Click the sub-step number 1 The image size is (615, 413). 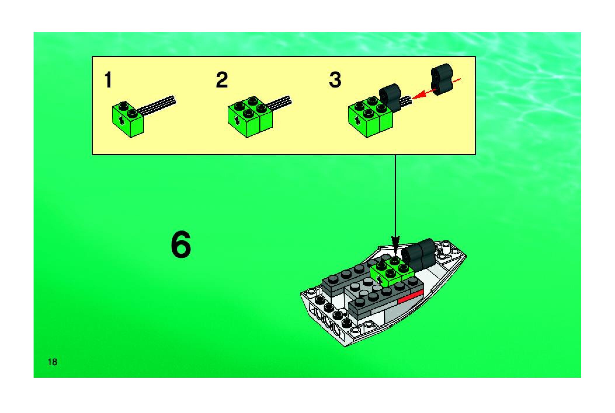pyautogui.click(x=108, y=80)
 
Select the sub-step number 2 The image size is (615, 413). pyautogui.click(x=222, y=80)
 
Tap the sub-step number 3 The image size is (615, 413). pyautogui.click(x=335, y=80)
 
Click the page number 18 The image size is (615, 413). pyautogui.click(x=53, y=362)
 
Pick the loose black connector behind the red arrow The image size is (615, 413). pyautogui.click(x=441, y=79)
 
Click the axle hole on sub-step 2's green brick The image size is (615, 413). pyautogui.click(x=237, y=120)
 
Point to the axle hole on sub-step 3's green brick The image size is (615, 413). pyautogui.click(x=357, y=119)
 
